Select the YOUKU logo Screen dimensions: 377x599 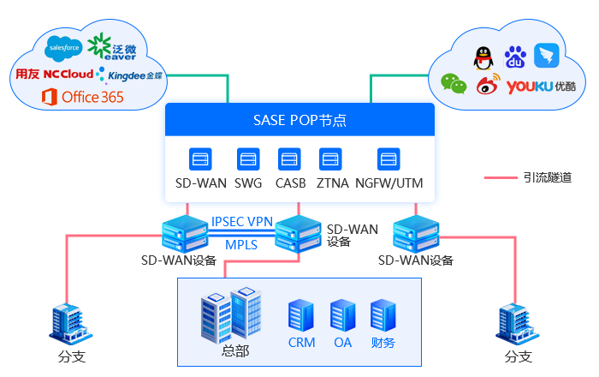(540, 87)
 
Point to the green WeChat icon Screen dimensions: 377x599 (454, 83)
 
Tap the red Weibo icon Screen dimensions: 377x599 (488, 86)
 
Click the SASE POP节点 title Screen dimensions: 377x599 (299, 120)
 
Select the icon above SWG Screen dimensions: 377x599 (248, 159)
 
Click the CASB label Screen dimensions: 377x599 (290, 183)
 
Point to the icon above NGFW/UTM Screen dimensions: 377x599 (388, 159)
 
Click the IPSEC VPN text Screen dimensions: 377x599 (242, 222)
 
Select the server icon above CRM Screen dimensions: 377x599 (299, 314)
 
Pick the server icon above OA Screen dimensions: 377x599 (342, 314)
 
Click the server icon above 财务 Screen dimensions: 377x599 (382, 314)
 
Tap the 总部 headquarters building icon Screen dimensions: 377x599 (230, 314)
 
